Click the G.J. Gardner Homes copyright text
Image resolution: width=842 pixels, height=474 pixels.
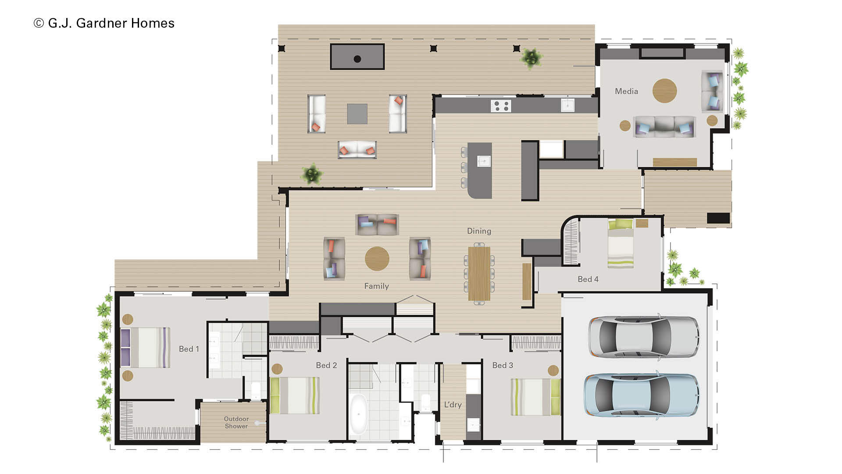click(104, 23)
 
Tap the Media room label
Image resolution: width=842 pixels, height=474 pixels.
click(626, 91)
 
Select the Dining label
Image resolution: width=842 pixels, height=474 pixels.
click(479, 231)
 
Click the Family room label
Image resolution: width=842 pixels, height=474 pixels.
click(376, 286)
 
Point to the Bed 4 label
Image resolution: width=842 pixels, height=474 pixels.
click(588, 279)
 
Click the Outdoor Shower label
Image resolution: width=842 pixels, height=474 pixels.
click(236, 422)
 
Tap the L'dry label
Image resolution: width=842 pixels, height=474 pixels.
click(453, 405)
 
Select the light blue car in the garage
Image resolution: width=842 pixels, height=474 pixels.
click(641, 395)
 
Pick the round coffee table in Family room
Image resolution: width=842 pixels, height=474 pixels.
click(377, 259)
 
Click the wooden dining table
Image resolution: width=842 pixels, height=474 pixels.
click(479, 274)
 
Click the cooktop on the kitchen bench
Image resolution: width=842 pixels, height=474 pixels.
click(501, 106)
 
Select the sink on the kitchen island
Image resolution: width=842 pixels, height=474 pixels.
click(484, 161)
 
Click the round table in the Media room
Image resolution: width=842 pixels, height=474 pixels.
click(664, 91)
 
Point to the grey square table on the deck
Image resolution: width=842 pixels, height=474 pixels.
click(357, 114)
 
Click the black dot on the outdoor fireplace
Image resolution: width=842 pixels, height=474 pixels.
click(357, 59)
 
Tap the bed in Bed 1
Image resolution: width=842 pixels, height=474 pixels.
click(146, 347)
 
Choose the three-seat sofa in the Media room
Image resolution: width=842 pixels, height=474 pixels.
click(664, 127)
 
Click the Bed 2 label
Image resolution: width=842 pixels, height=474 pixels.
click(326, 365)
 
